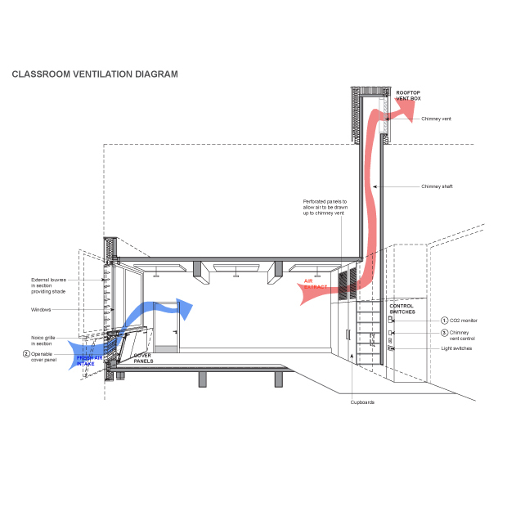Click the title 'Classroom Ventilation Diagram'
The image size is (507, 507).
pyautogui.click(x=95, y=74)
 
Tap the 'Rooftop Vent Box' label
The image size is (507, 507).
pyautogui.click(x=408, y=96)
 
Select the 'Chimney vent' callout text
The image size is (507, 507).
pyautogui.click(x=436, y=119)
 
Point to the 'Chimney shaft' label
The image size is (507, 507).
pyautogui.click(x=437, y=186)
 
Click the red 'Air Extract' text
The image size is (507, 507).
pyautogui.click(x=316, y=284)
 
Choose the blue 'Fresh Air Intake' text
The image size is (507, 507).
pyautogui.click(x=89, y=361)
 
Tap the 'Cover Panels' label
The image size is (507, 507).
pyautogui.click(x=143, y=358)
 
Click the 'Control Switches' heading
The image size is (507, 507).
pyautogui.click(x=402, y=309)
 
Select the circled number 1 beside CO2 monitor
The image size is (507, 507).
pyautogui.click(x=445, y=321)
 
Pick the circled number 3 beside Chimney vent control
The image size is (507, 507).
pyautogui.click(x=445, y=333)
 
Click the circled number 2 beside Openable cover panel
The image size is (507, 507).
pyautogui.click(x=26, y=354)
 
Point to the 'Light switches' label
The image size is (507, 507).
pyautogui.click(x=456, y=348)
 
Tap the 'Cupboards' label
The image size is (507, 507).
pyautogui.click(x=362, y=402)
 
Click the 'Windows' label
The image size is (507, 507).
pyautogui.click(x=41, y=309)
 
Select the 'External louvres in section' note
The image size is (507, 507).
pyautogui.click(x=48, y=285)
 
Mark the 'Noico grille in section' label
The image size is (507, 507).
pyautogui.click(x=43, y=340)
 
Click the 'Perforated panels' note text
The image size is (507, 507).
pyautogui.click(x=325, y=207)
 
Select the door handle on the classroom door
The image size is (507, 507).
pyautogui.click(x=175, y=332)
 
